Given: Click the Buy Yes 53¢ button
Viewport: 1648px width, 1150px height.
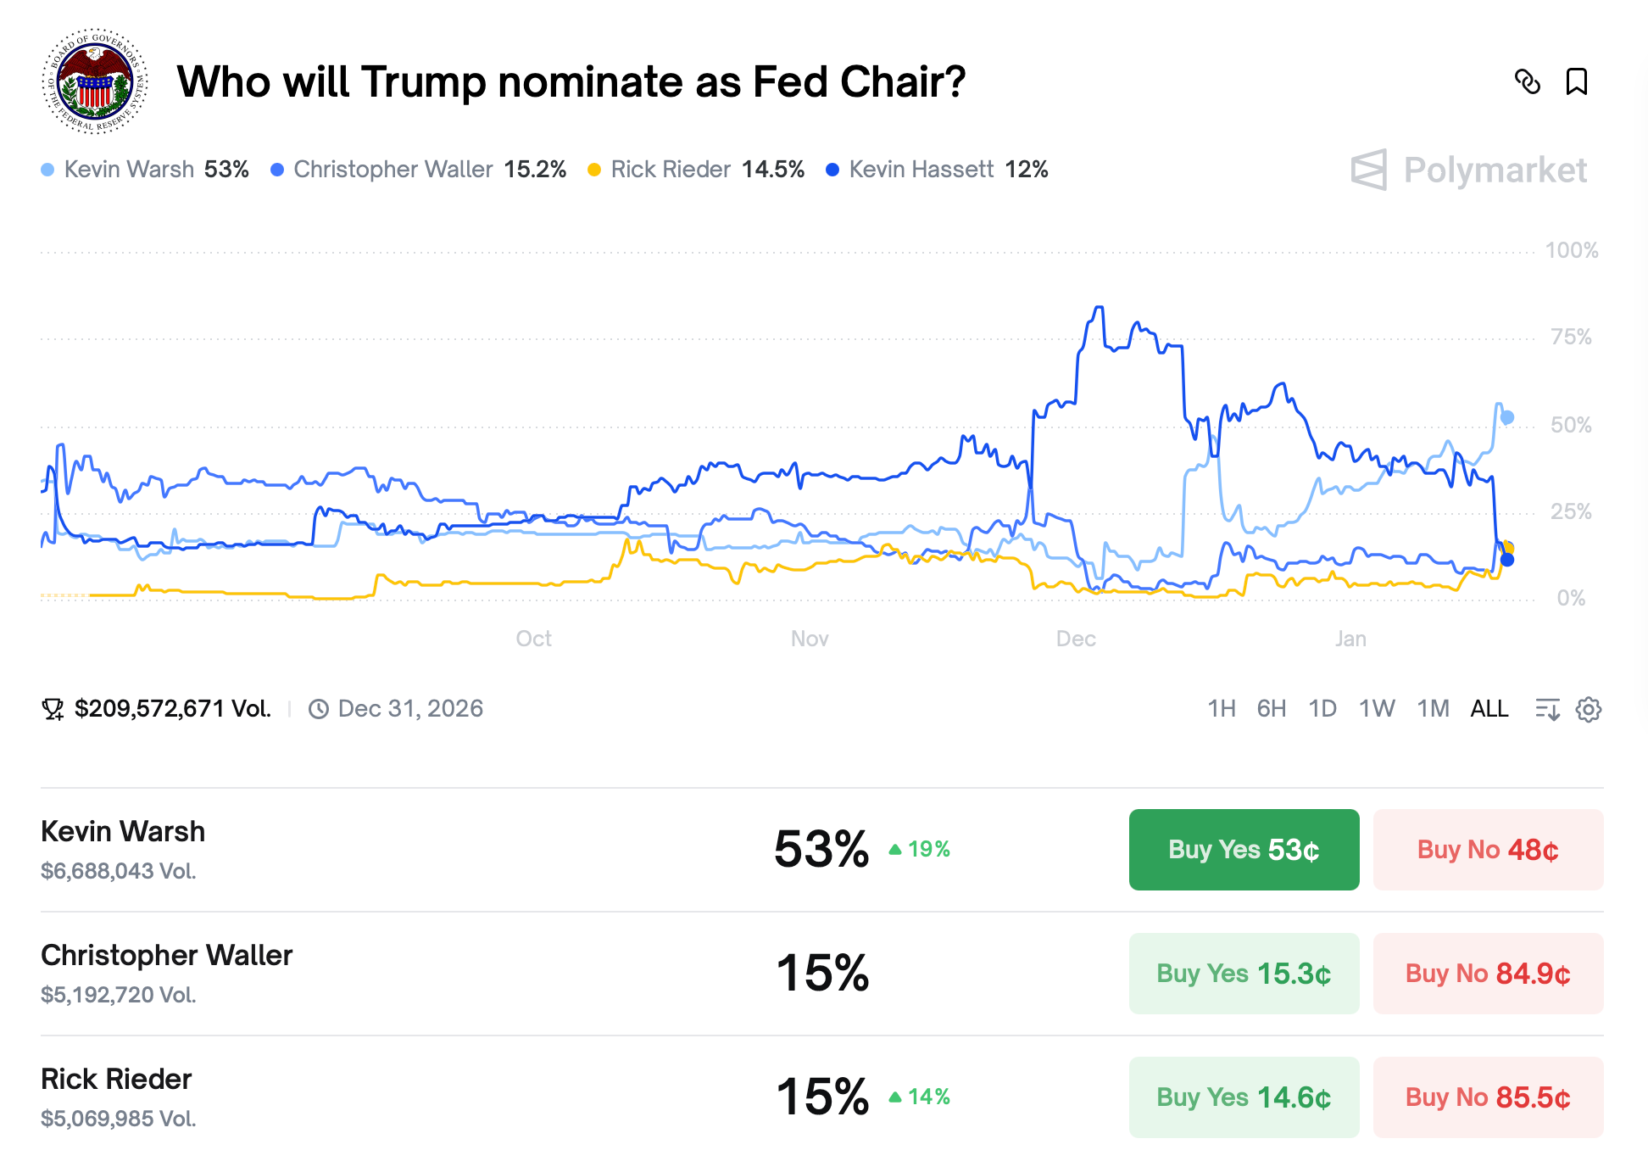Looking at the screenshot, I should click(x=1244, y=850).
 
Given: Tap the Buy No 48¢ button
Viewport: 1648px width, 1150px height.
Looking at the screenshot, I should click(x=1488, y=850).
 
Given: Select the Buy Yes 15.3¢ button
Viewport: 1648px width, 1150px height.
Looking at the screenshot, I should click(x=1244, y=974).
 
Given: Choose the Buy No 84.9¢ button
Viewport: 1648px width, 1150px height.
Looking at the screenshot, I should click(x=1488, y=974).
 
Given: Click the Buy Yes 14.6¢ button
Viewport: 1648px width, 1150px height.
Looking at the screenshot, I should click(x=1244, y=1097).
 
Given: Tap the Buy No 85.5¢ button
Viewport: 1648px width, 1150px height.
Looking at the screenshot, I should click(x=1488, y=1097).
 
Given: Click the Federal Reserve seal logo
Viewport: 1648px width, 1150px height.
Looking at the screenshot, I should click(x=95, y=81).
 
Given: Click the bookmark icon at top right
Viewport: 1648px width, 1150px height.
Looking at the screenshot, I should click(x=1577, y=82).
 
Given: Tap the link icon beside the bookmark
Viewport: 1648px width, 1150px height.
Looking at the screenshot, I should click(x=1528, y=82).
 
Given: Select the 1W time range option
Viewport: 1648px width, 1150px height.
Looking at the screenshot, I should click(x=1377, y=709).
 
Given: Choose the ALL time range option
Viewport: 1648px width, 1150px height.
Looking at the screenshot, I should click(x=1489, y=709).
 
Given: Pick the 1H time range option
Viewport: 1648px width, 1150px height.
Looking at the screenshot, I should click(x=1222, y=709).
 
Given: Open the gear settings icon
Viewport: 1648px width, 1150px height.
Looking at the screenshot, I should click(x=1589, y=710).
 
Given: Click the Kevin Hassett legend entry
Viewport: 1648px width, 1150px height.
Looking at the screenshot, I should click(x=937, y=170).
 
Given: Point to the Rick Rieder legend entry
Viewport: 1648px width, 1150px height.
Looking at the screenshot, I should click(x=695, y=170).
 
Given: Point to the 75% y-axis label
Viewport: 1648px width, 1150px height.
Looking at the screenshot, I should click(x=1571, y=338).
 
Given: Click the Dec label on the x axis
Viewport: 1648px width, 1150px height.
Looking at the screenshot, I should click(x=1076, y=639).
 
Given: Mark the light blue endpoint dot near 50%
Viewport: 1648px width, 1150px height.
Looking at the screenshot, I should click(x=1507, y=417).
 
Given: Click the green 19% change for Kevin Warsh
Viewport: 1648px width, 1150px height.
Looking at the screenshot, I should click(x=920, y=849).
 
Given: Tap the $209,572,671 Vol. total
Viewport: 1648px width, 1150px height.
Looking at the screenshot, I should click(x=172, y=709).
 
